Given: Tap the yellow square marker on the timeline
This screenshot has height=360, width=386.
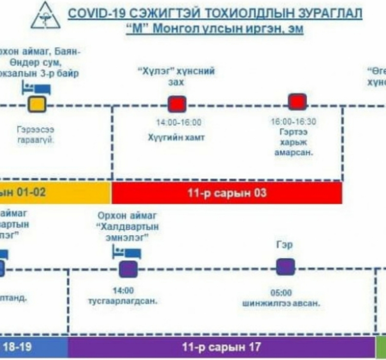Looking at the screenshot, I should pyautogui.click(x=37, y=104).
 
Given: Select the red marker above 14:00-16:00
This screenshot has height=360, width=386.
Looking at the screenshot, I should pyautogui.click(x=177, y=104).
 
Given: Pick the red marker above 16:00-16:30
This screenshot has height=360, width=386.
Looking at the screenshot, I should pyautogui.click(x=297, y=102).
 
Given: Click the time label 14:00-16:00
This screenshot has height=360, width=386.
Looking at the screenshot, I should pyautogui.click(x=178, y=122).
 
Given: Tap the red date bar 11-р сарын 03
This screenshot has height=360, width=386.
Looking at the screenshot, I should pyautogui.click(x=227, y=192).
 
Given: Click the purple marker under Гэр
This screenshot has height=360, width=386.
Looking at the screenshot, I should pyautogui.click(x=285, y=267).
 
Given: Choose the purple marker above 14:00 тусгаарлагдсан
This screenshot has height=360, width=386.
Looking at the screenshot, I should pyautogui.click(x=128, y=269).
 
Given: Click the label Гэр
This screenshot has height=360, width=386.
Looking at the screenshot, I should pyautogui.click(x=284, y=245).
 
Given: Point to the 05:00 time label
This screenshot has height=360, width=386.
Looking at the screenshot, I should pyautogui.click(x=281, y=293).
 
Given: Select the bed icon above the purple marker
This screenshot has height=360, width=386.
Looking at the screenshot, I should pyautogui.click(x=127, y=253).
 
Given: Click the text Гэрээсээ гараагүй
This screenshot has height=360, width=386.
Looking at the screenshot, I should pyautogui.click(x=35, y=134).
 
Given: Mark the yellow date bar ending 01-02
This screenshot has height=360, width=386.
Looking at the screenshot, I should pyautogui.click(x=54, y=192).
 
